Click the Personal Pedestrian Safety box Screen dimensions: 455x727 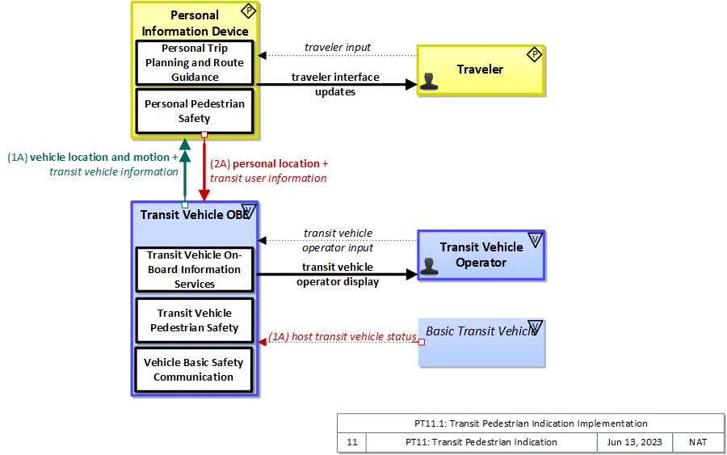pos(194,111)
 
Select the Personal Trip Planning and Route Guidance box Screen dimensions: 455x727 pos(194,62)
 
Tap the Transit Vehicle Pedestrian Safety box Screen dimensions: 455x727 pos(194,320)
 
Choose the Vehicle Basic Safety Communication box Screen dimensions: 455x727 pos(194,369)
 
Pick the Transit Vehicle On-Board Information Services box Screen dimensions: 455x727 pos(194,269)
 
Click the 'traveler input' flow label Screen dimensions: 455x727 pos(338,48)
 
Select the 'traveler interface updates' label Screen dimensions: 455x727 pos(335,84)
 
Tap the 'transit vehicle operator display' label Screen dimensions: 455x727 pos(337,274)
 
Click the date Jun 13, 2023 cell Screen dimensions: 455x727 pos(634,442)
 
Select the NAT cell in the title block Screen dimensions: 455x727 pos(698,442)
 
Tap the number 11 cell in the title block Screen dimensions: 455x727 pos(351,442)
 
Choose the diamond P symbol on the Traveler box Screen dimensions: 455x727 pos(534,55)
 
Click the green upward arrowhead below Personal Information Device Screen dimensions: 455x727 pos(185,144)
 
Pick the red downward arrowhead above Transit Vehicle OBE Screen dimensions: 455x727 pos(204,195)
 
